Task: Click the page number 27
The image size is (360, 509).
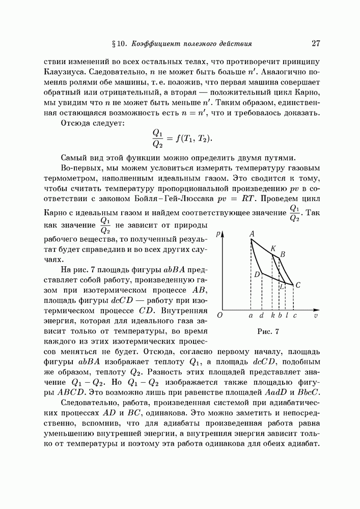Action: [x=315, y=43]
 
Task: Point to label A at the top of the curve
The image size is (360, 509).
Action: [x=252, y=233]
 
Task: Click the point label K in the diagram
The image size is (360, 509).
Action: [x=273, y=248]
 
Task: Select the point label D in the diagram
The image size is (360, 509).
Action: [x=257, y=275]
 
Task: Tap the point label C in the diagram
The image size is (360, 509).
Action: [x=297, y=285]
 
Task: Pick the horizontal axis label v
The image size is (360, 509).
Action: [x=316, y=316]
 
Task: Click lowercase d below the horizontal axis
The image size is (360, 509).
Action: [x=261, y=316]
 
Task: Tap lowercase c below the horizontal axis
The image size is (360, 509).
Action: [x=294, y=316]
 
